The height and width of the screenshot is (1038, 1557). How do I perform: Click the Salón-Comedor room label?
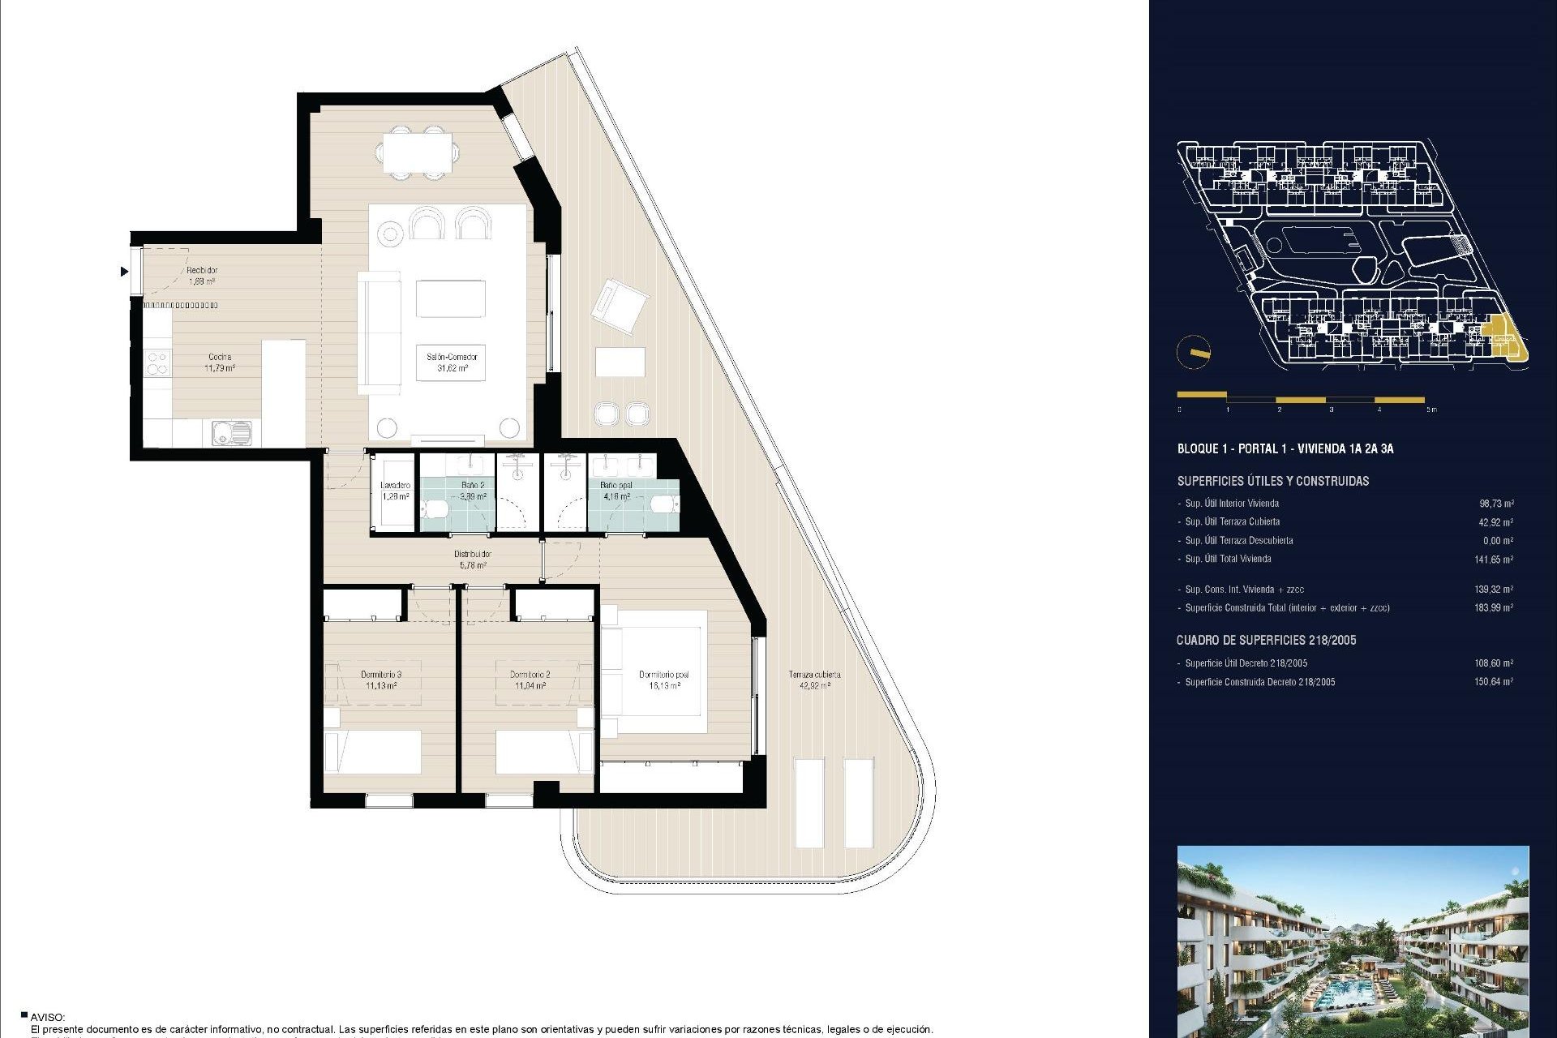[x=452, y=362]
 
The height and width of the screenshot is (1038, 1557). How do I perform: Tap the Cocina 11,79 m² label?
[x=220, y=362]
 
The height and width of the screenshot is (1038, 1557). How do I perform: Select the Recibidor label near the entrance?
[x=202, y=275]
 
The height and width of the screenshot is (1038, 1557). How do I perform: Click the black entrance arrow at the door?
[x=124, y=271]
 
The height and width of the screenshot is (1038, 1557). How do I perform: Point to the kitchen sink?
[x=231, y=433]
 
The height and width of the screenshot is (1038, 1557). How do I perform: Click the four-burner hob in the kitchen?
[x=157, y=362]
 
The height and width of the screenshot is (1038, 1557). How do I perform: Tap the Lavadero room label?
[x=395, y=491]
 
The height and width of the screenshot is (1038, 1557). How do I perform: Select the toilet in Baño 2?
[x=435, y=508]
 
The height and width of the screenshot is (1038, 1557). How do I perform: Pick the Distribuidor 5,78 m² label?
[x=472, y=559]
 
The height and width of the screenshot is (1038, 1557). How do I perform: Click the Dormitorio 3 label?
[x=381, y=680]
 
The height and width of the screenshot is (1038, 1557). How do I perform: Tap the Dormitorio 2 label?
[x=530, y=680]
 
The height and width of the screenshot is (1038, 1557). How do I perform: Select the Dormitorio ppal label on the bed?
[x=663, y=680]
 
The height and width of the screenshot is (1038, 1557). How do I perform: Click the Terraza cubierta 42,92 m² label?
[x=814, y=680]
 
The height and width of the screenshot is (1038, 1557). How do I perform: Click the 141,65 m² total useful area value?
[x=1493, y=559]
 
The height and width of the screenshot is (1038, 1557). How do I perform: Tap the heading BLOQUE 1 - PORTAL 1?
[x=1285, y=448]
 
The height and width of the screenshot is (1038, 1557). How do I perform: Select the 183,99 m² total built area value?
[x=1493, y=607]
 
